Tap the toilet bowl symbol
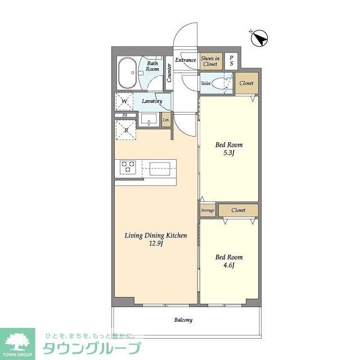224,83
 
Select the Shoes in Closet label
210,61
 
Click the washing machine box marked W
125,101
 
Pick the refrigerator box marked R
125,129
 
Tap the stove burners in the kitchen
129,166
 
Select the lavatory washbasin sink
149,120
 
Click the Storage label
208,210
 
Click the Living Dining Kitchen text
156,239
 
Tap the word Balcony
183,320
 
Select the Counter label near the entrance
169,73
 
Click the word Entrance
186,60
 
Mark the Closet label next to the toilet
246,83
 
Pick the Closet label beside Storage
238,210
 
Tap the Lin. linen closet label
166,120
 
